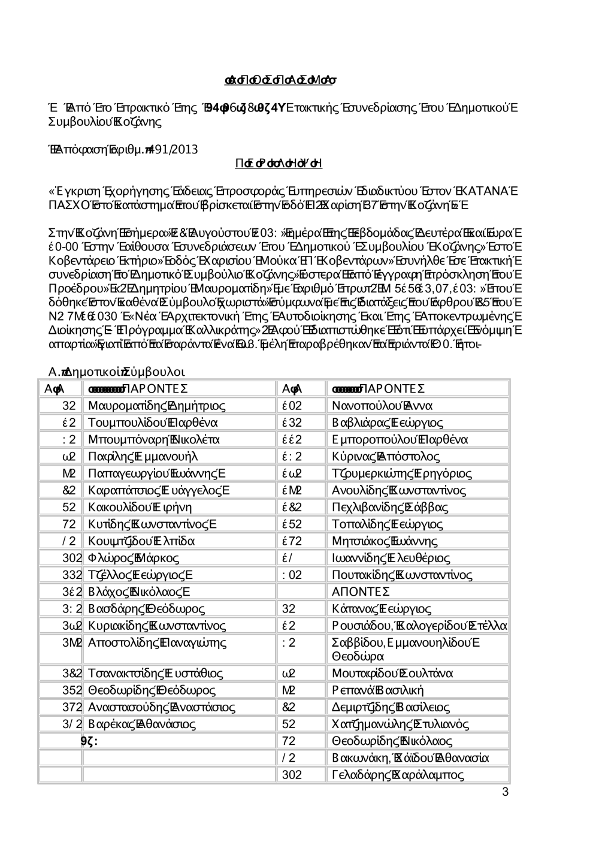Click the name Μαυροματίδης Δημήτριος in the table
click(156, 406)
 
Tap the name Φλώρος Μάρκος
click(133, 558)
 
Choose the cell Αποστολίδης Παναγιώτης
click(157, 643)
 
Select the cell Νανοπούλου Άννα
click(382, 406)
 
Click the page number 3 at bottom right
click(505, 792)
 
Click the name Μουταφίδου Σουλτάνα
click(392, 673)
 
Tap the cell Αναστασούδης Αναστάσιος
click(161, 707)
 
